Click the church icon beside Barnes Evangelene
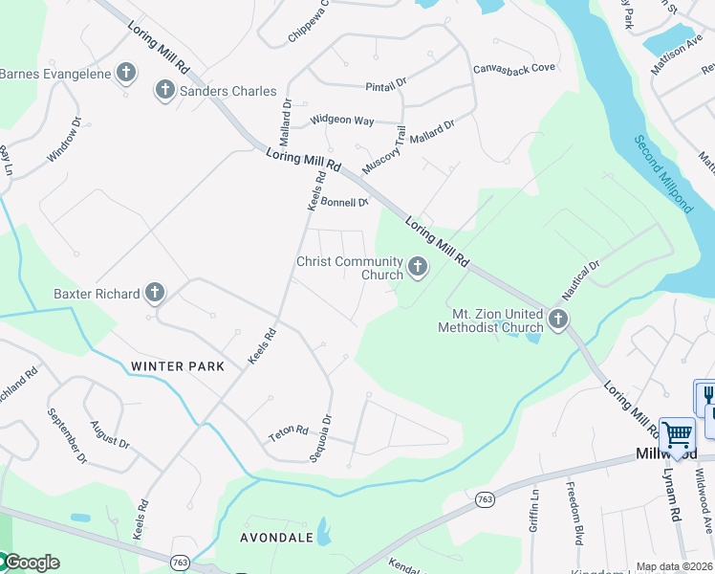(x=125, y=72)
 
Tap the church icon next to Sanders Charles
(x=164, y=91)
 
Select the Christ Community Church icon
(x=417, y=267)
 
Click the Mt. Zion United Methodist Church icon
(x=557, y=320)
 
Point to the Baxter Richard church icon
(x=155, y=294)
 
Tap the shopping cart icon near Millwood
(x=677, y=435)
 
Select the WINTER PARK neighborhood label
(x=178, y=366)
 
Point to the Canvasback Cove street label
(x=514, y=69)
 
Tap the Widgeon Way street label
(x=341, y=121)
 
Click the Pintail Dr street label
(x=386, y=86)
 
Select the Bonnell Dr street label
(x=344, y=202)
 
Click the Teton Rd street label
(x=289, y=433)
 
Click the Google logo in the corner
(x=31, y=563)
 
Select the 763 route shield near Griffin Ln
(x=485, y=498)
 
